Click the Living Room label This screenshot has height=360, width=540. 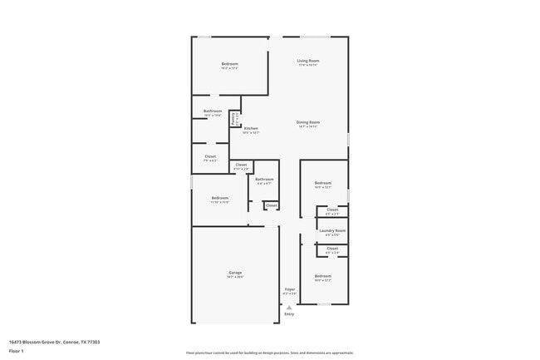[308, 61]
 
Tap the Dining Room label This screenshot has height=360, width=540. [308, 123]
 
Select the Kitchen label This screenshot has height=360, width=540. [251, 129]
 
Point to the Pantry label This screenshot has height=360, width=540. [234, 119]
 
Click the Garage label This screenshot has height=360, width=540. [235, 273]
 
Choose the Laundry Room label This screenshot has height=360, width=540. [331, 230]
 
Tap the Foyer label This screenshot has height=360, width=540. [289, 289]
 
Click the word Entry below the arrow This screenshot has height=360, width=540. [289, 314]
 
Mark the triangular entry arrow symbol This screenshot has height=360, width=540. [289, 307]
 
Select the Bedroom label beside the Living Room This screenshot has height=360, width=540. [229, 65]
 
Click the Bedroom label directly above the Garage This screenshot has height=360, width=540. [219, 198]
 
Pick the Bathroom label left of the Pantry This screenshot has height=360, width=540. [213, 111]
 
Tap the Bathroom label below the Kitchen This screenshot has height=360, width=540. [264, 180]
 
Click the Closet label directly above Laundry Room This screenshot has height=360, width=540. [332, 210]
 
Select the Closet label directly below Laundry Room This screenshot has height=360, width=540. [332, 249]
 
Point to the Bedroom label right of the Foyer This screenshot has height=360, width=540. [322, 276]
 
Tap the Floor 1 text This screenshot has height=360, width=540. [17, 351]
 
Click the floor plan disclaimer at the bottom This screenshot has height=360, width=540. [269, 353]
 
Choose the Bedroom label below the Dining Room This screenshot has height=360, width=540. [322, 183]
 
